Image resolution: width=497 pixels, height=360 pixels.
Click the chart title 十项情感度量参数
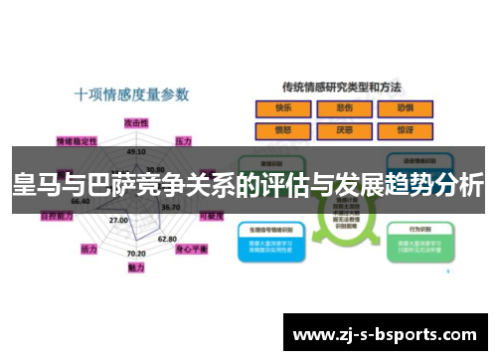[x=131, y=95]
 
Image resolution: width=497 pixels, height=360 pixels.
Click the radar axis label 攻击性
[x=136, y=120]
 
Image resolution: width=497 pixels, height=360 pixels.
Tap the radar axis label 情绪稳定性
[x=77, y=140]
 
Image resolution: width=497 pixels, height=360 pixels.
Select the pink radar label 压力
[x=184, y=141]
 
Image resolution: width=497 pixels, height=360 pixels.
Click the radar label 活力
[x=89, y=249]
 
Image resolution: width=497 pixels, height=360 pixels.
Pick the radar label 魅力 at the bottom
[x=136, y=268]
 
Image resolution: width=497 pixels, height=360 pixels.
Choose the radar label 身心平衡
[x=191, y=249]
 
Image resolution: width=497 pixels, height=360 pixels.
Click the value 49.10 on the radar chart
[x=136, y=152]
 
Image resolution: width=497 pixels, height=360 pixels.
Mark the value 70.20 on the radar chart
[x=136, y=254]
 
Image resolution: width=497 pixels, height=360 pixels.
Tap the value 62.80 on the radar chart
[x=167, y=239]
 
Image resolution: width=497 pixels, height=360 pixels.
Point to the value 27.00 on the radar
[x=118, y=220]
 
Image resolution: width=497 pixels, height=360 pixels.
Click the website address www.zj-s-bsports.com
[x=385, y=333]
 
